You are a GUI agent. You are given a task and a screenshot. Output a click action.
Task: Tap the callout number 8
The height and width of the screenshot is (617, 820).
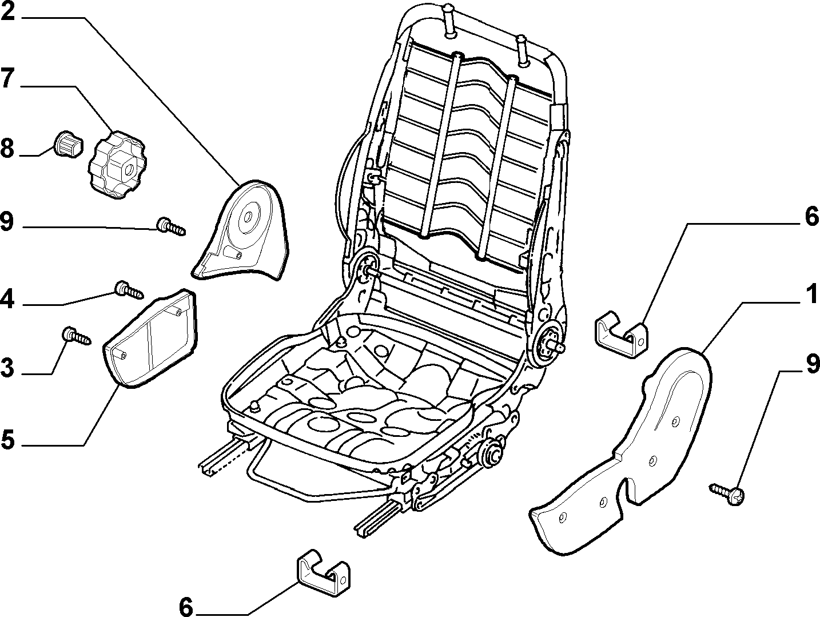pos(7,149)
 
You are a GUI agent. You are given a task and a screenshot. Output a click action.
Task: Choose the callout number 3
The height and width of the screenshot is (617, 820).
pos(7,368)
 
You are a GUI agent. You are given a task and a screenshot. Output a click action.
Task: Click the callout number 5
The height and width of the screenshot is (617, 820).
pos(7,440)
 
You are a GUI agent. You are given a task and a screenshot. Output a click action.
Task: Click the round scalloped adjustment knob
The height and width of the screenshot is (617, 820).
pos(117,164)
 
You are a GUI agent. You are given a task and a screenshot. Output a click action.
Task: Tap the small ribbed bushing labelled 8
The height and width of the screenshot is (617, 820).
pos(69,145)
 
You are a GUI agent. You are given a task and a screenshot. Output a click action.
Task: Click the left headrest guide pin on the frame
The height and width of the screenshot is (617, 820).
pos(449,21)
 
